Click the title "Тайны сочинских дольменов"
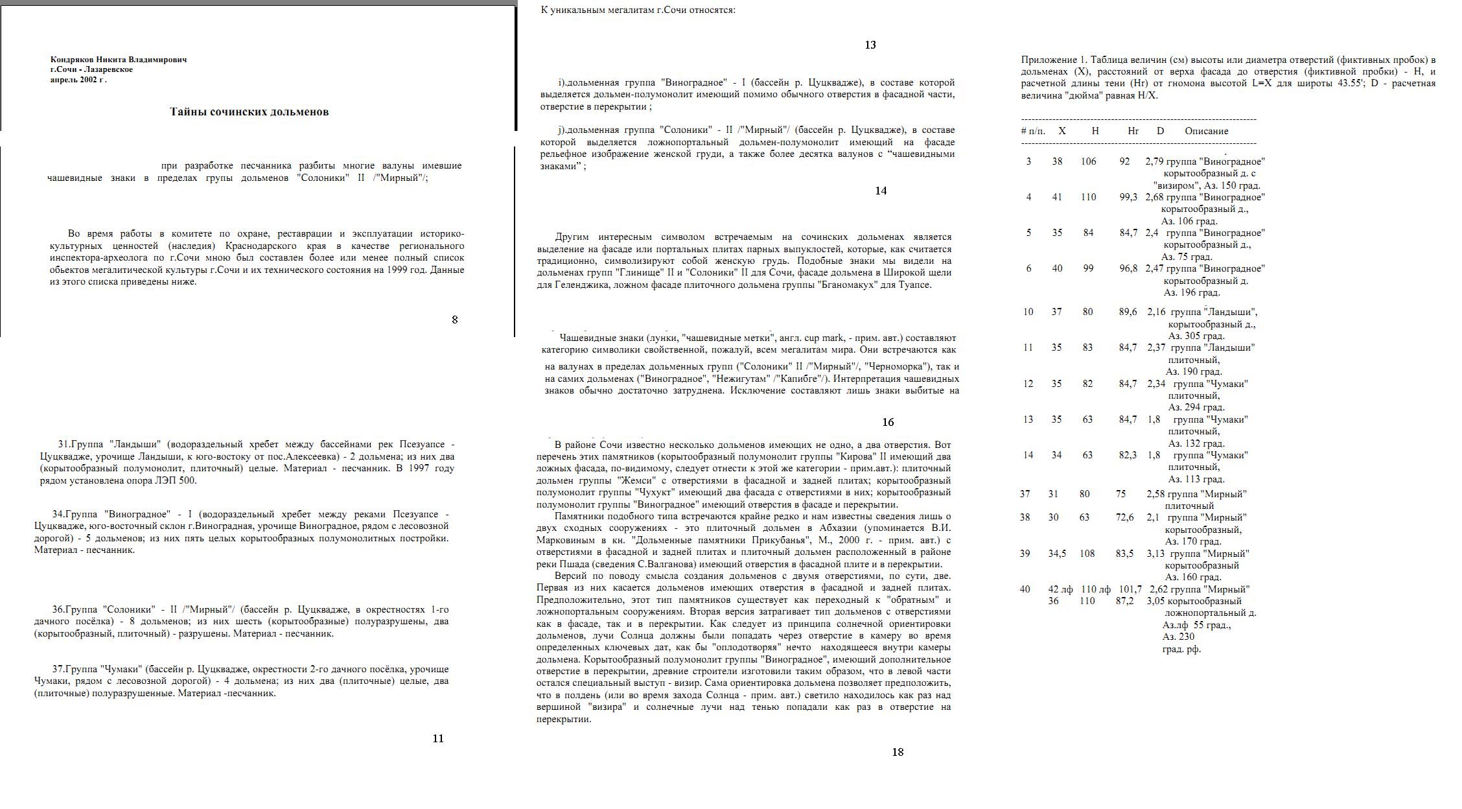pos(249,111)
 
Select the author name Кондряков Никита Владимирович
pos(119,60)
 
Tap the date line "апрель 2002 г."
pos(78,80)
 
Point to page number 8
pos(454,320)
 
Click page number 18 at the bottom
pos(897,752)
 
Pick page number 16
pos(887,422)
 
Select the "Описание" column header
pos(1206,131)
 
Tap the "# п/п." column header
pos(1033,131)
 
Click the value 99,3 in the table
pos(1128,197)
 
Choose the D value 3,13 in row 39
pos(1155,554)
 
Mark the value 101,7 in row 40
pos(1130,589)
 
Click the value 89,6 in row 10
pos(1128,312)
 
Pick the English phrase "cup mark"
pos(824,338)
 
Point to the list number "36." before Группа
pos(58,609)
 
